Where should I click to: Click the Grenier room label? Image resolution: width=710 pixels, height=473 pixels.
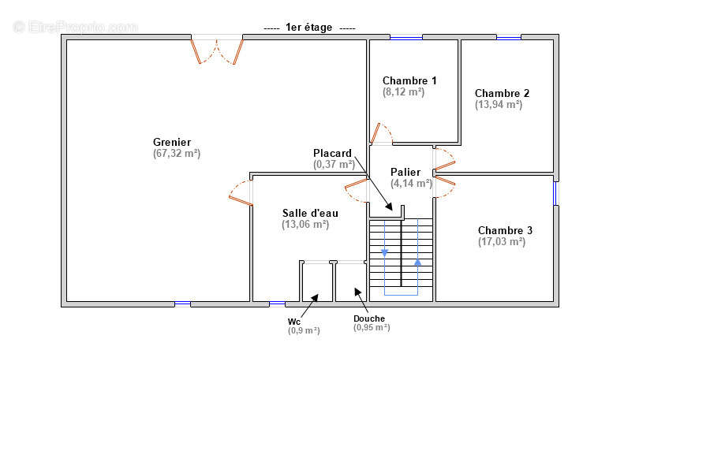pos(172,142)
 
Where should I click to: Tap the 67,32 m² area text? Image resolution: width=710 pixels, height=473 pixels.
pos(177,154)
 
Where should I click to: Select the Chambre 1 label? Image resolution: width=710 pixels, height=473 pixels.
pos(409,80)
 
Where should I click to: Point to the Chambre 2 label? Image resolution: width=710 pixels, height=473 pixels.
pos(502,93)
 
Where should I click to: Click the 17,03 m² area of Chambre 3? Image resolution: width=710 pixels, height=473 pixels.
pos(502,242)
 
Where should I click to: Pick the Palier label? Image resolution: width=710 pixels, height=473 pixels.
pos(405,172)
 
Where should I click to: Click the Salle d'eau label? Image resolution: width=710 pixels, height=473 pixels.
pos(310,213)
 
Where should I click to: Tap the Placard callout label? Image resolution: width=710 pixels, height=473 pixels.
pos(332,153)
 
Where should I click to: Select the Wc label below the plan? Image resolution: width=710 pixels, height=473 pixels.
pos(294,322)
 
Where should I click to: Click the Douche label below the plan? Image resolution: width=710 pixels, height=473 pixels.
pos(369,318)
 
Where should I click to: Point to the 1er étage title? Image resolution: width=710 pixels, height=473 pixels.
pos(308,27)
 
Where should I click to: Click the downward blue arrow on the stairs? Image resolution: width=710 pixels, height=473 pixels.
pos(384,252)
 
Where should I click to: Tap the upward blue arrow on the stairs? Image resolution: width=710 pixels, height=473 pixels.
pos(417,262)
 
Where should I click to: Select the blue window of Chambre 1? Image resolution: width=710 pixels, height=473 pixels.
pos(406,38)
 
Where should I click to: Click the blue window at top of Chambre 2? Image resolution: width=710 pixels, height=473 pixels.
pos(509,38)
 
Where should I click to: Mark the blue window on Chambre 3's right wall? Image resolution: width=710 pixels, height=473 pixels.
pos(555,193)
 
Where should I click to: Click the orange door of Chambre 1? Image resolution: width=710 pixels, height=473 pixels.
pos(376,133)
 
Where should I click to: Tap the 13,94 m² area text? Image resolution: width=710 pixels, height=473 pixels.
pos(499,105)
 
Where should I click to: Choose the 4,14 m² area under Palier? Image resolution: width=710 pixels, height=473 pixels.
pos(411,184)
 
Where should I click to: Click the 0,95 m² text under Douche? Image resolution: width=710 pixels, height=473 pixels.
pos(372,327)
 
